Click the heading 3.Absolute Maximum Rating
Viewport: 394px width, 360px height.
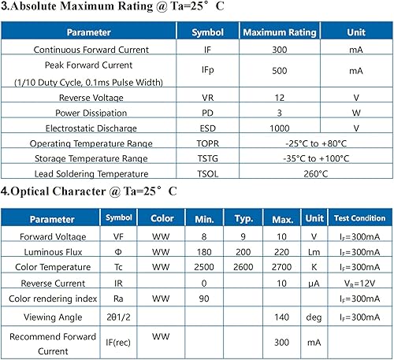point(94,10)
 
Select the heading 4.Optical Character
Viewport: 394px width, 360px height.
point(88,191)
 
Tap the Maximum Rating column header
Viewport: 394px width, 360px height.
point(280,33)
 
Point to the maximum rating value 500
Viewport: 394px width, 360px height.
point(280,71)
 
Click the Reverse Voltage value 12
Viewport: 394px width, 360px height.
point(280,98)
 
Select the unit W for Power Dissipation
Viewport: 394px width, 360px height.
point(356,113)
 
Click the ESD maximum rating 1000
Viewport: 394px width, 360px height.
point(280,128)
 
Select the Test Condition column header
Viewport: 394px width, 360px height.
point(359,218)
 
